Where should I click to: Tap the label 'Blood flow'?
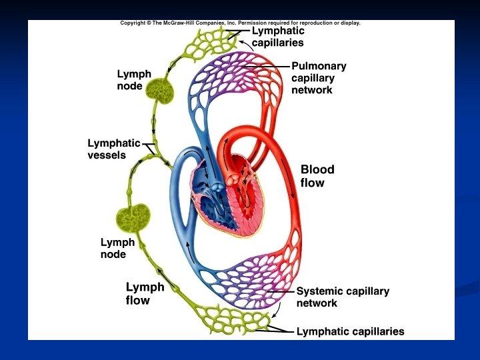coord(317,175)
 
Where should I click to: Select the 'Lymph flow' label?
coord(145,293)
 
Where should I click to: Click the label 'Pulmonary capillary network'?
coord(319,78)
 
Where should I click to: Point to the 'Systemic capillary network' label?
coord(343,297)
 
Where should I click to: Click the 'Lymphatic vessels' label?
coord(114,149)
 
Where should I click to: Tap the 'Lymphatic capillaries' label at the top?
coord(277,37)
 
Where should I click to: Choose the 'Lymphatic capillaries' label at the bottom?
coord(350,331)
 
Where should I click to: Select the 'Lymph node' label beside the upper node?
coord(134,80)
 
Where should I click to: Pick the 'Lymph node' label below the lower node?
coord(117,248)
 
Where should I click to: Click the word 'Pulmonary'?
coord(319,67)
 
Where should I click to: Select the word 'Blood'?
coord(317,169)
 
